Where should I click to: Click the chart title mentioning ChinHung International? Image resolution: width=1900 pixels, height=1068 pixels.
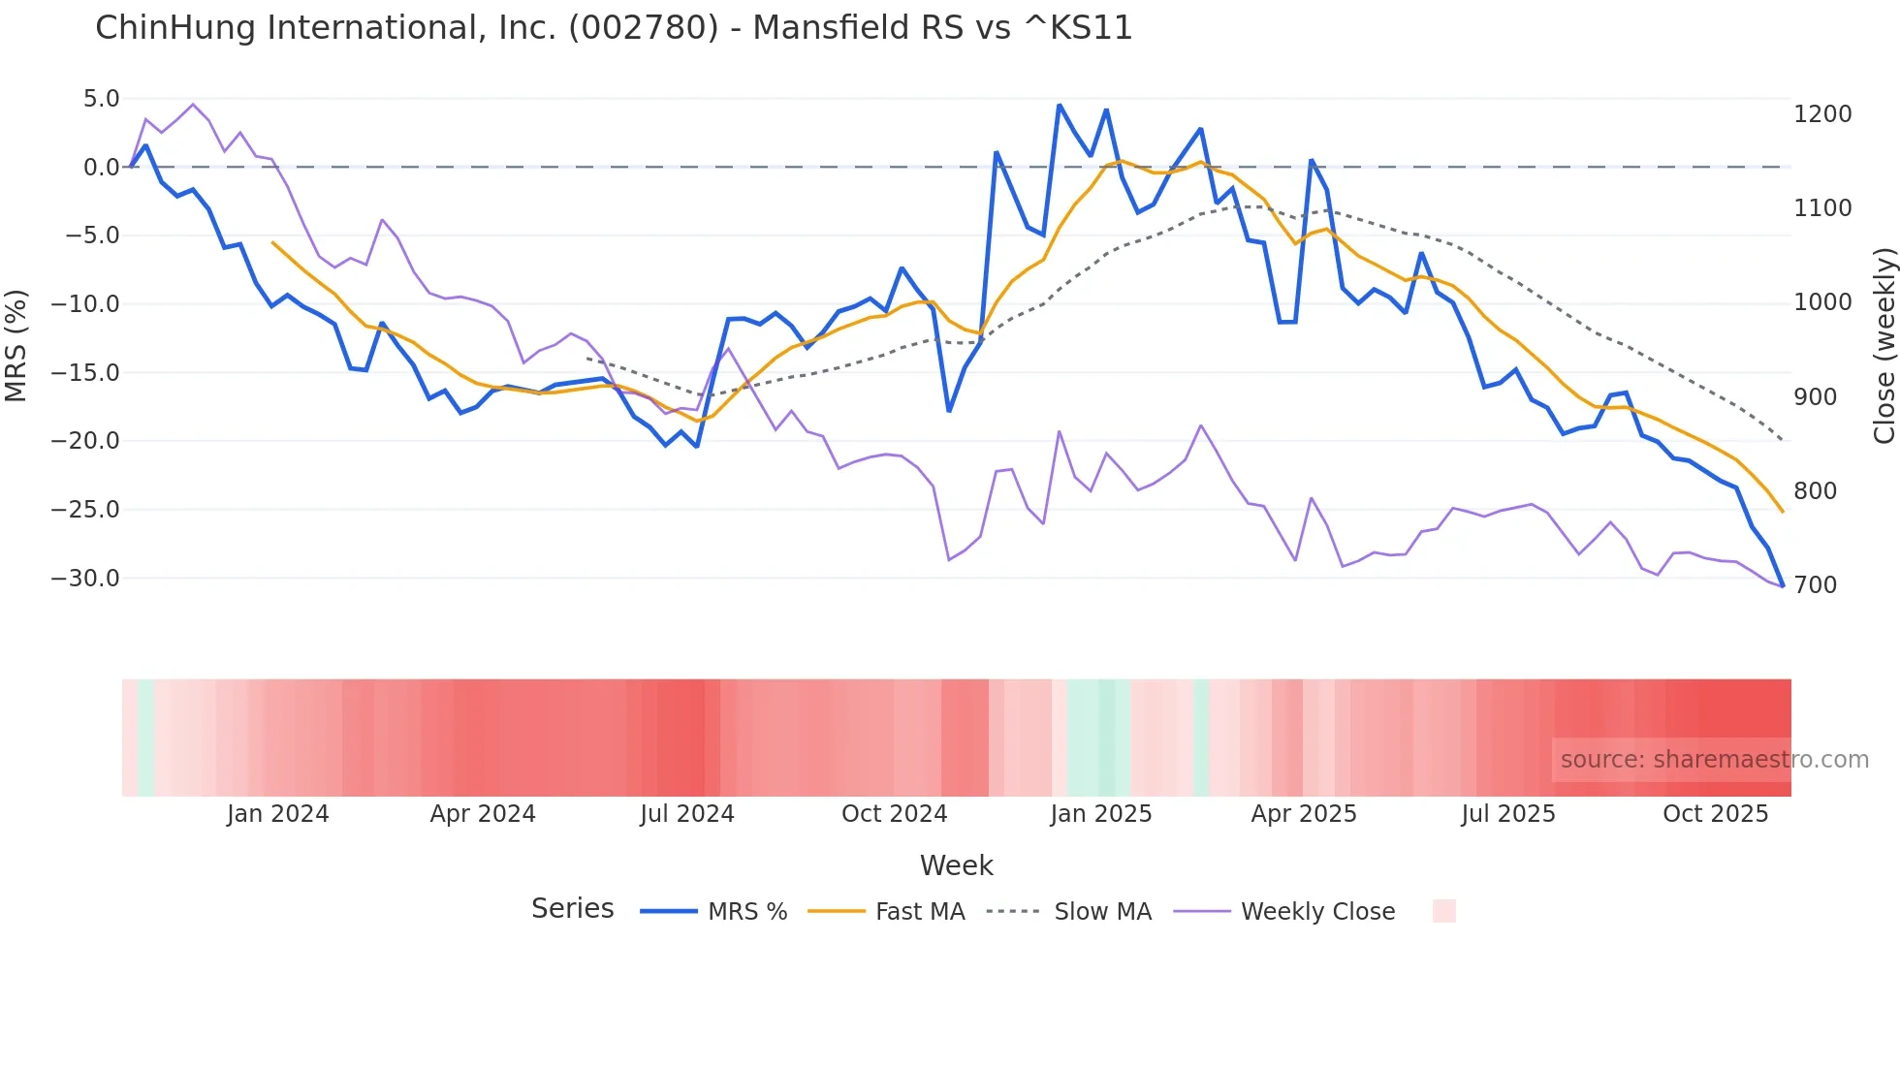[614, 28]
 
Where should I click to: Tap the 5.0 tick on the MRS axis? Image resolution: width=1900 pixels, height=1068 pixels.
[101, 99]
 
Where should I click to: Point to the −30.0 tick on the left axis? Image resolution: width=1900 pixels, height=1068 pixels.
[85, 579]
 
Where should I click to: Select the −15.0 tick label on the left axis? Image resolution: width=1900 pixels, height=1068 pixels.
[85, 373]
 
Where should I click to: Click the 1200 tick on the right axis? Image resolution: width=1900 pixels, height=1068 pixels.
[1822, 114]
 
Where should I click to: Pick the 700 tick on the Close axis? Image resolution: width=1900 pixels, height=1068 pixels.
[1815, 585]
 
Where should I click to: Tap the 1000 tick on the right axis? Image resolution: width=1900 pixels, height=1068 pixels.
[1822, 302]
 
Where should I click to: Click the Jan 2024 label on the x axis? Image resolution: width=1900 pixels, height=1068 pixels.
[278, 814]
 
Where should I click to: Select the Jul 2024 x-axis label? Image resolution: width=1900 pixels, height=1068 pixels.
[687, 814]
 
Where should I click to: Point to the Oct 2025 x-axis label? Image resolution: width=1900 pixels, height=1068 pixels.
[1716, 814]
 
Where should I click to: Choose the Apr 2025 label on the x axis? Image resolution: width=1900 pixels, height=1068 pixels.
[1304, 814]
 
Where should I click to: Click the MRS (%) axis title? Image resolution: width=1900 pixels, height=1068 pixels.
[16, 346]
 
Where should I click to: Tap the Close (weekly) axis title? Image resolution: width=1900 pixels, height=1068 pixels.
[1884, 346]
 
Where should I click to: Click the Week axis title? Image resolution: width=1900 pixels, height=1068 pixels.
[956, 865]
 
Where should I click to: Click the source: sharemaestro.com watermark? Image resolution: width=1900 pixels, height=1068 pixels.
[1714, 760]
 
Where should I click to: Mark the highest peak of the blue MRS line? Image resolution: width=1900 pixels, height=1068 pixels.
[1060, 105]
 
